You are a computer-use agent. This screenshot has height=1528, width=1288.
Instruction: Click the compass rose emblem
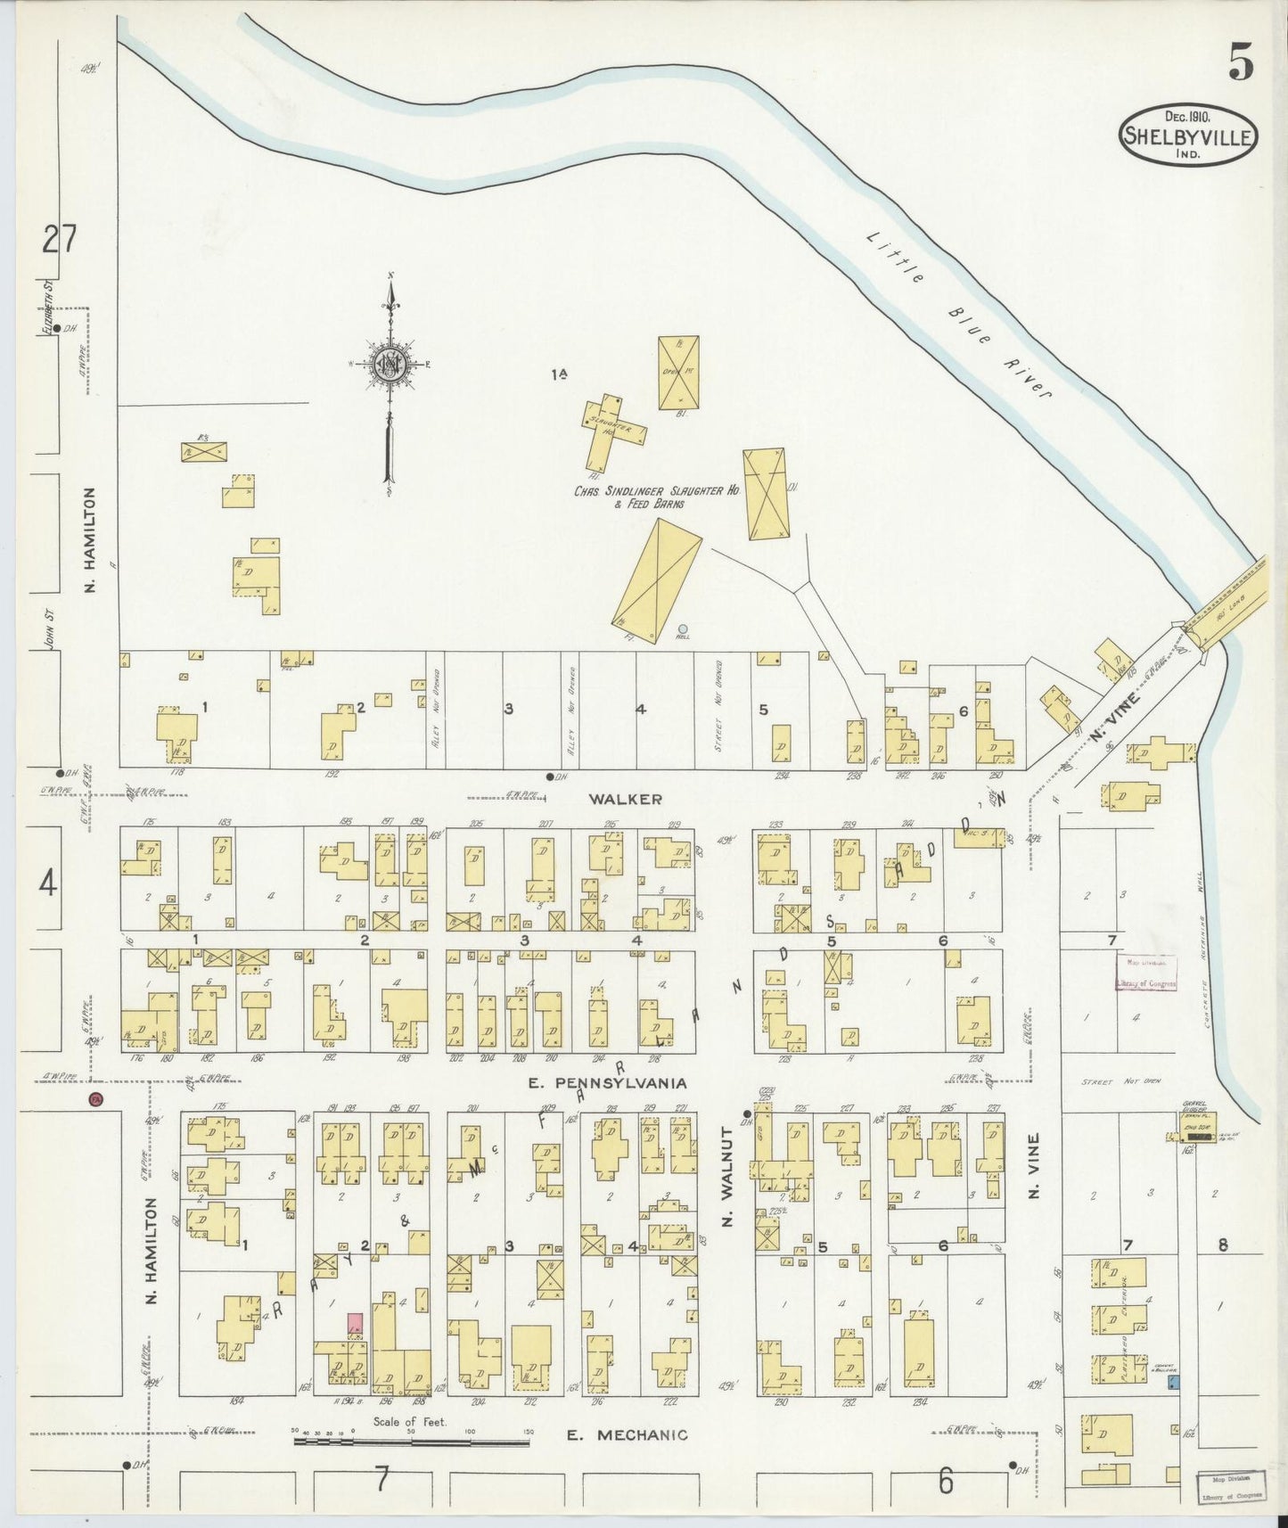tap(390, 363)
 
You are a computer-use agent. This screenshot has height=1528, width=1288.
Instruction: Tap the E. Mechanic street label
tap(628, 1434)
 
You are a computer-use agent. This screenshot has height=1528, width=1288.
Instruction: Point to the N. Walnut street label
tap(726, 1176)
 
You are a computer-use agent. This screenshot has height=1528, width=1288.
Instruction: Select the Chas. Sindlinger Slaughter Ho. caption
tap(657, 497)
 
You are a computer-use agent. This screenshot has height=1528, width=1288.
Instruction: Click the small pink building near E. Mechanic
tap(355, 1323)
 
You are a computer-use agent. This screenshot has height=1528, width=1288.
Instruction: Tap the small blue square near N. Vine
tap(1174, 1381)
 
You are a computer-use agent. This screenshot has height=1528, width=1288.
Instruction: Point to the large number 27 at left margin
tap(60, 240)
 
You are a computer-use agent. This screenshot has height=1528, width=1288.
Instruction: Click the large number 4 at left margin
tap(48, 884)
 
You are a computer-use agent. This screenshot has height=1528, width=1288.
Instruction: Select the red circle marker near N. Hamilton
tap(94, 1099)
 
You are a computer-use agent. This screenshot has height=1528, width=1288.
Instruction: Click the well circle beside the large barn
tap(683, 628)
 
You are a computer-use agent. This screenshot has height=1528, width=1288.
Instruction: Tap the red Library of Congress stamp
tap(1145, 973)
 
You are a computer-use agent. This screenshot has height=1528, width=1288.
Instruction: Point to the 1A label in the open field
tap(559, 375)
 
